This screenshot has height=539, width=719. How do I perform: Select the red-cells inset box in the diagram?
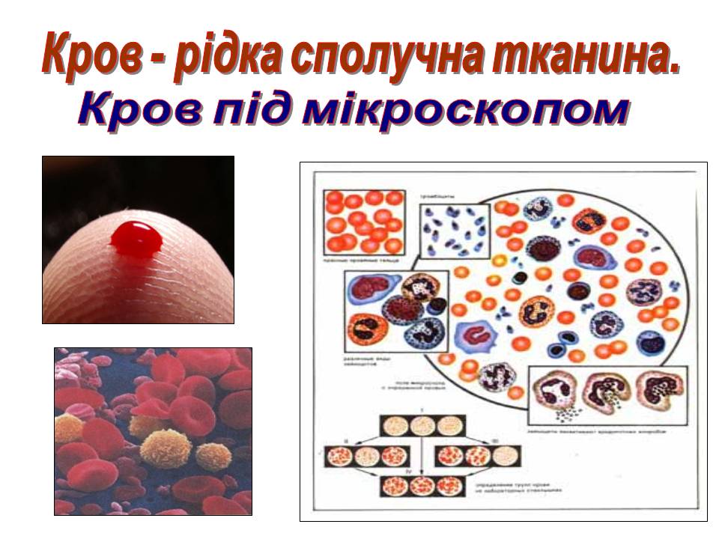[x=363, y=222]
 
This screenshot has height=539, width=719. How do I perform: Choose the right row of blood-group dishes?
[x=476, y=456]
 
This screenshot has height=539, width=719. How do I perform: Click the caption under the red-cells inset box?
[x=362, y=261]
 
